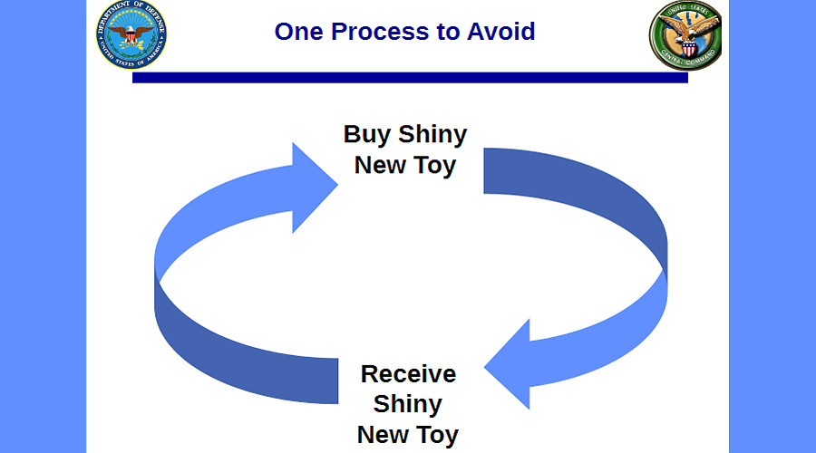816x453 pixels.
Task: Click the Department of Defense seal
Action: point(131,34)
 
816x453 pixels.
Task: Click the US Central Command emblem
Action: point(685,35)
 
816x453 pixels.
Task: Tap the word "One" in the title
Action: point(298,32)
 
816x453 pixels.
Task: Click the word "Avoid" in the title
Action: point(500,32)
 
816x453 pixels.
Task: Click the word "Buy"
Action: point(367,135)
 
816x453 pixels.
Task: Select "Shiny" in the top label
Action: point(432,135)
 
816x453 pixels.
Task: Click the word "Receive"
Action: point(409,374)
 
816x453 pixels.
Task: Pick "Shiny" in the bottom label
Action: point(407,404)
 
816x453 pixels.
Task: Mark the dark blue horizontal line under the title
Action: point(410,78)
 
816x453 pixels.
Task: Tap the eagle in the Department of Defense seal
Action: point(131,34)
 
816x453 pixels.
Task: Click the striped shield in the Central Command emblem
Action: point(688,50)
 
